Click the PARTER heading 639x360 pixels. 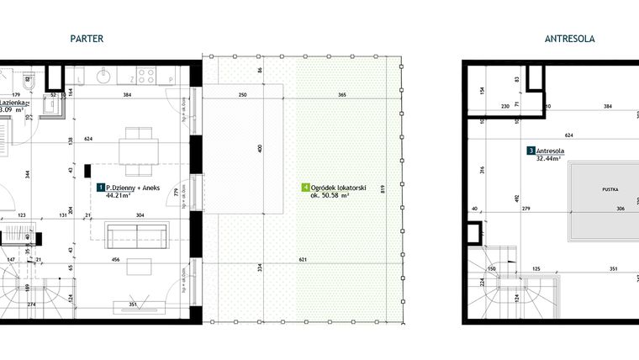pos(88,38)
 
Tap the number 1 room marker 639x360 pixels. pos(101,188)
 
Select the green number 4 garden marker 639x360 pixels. pos(304,188)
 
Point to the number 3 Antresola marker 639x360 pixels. pos(531,151)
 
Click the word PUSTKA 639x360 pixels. pos(609,191)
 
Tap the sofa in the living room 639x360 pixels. pos(137,233)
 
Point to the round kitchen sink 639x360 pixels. pos(104,77)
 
